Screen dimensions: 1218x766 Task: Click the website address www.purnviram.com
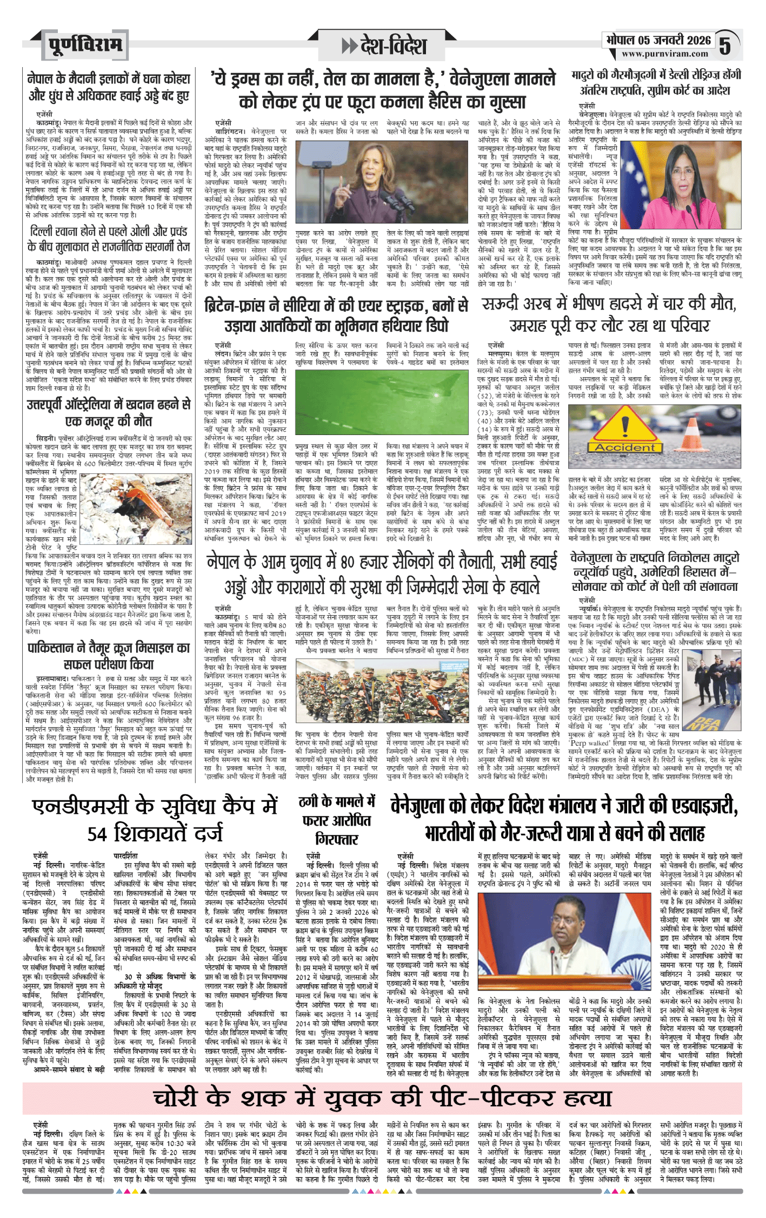[664, 54]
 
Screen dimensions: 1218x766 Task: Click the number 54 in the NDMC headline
[97, 833]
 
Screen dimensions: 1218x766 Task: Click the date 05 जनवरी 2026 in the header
[658, 39]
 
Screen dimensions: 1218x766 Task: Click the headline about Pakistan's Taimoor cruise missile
[109, 655]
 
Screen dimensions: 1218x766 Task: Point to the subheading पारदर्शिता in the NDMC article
[126, 856]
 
